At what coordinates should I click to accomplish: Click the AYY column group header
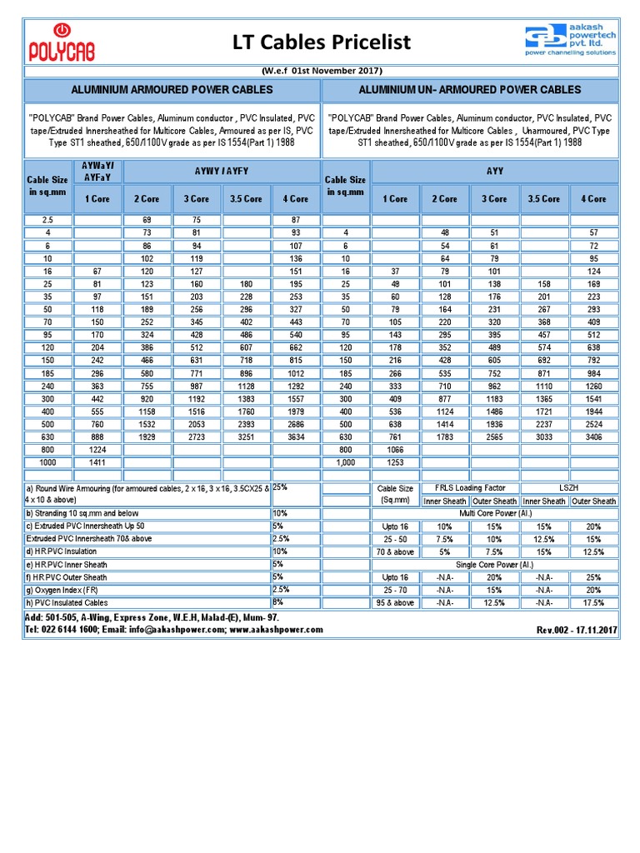pyautogui.click(x=494, y=171)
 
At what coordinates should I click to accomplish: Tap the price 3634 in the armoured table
pyautogui.click(x=295, y=436)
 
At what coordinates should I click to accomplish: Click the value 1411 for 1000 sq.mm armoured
pyautogui.click(x=98, y=461)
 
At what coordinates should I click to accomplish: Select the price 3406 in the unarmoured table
pyautogui.click(x=593, y=436)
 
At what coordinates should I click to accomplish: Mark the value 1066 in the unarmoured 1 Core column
pyautogui.click(x=395, y=449)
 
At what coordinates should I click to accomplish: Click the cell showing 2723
pyautogui.click(x=197, y=436)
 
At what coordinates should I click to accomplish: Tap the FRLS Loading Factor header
pyautogui.click(x=471, y=488)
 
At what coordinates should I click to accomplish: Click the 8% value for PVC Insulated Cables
pyautogui.click(x=278, y=601)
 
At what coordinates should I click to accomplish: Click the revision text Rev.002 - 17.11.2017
pyautogui.click(x=576, y=631)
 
